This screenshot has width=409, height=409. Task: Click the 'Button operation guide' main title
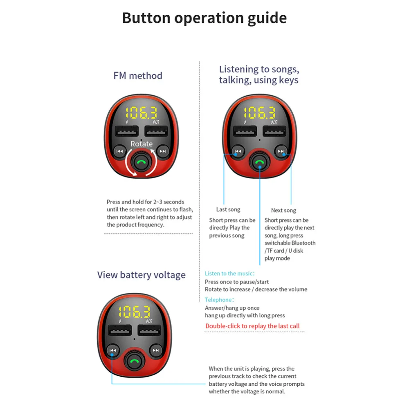204,18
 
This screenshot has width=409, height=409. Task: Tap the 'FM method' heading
138,76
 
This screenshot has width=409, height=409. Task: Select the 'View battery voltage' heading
141,275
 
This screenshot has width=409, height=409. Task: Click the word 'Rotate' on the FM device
142,144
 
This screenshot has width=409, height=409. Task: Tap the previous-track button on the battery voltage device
113,350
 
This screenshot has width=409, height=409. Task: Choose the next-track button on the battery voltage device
156,350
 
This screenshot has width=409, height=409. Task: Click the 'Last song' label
228,209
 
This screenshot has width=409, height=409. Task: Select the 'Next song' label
283,210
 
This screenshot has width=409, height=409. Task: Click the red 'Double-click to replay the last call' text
252,326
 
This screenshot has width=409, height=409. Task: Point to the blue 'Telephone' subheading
218,300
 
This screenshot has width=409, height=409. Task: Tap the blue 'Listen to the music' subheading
229,273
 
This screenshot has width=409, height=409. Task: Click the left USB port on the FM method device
126,132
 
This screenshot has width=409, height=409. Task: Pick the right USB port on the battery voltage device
149,330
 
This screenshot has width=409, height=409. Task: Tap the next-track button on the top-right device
281,152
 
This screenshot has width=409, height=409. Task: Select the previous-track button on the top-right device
238,152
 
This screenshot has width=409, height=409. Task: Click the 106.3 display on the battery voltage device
134,312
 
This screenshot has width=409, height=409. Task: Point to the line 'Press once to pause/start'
237,282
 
